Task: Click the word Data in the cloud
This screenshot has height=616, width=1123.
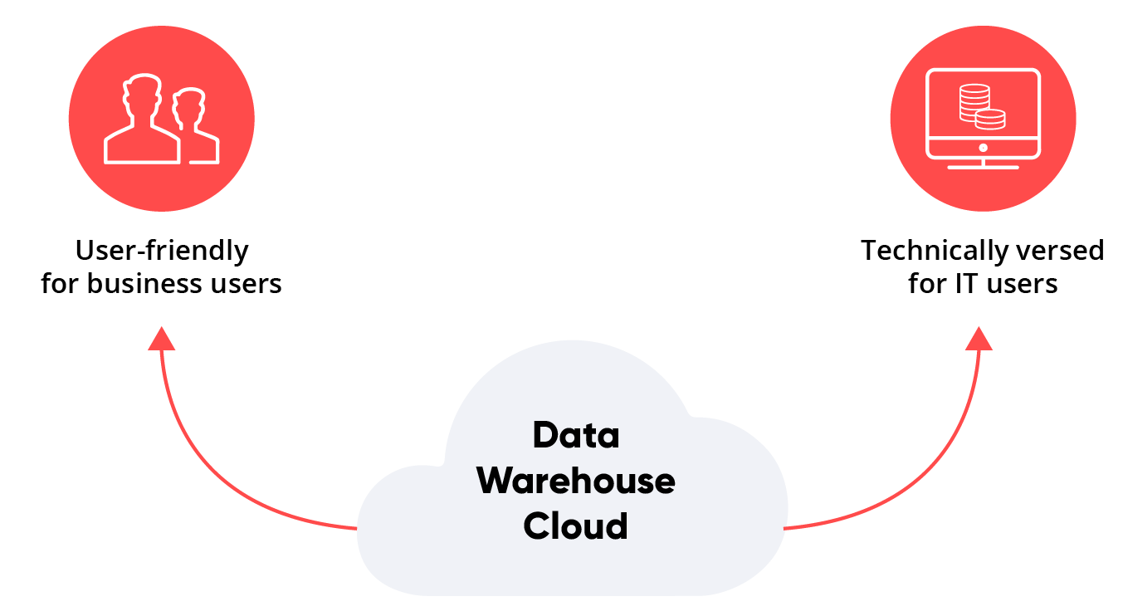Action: pos(576,435)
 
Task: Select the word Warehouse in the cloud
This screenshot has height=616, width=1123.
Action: pos(576,481)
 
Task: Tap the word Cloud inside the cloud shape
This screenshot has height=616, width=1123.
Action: pos(576,526)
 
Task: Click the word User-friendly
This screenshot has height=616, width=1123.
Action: pos(162,250)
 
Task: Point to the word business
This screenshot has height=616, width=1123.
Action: pos(144,284)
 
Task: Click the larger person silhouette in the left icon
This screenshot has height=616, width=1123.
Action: pos(142,125)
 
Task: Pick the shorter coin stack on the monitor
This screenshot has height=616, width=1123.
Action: pos(989,120)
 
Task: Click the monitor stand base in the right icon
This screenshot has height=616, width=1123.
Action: pos(983,166)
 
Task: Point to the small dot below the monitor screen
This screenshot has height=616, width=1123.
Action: pos(983,148)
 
